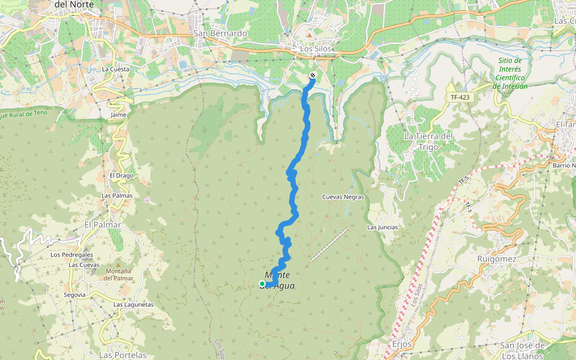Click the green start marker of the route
(262, 284)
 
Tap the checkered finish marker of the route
(313, 76)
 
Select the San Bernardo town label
(220, 34)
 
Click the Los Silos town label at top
(316, 49)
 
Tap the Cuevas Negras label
(343, 197)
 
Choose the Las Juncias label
(382, 227)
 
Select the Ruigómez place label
(497, 259)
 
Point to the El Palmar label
(103, 225)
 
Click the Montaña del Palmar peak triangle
(118, 265)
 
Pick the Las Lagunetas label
(134, 305)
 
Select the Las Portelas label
(122, 355)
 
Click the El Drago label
(121, 176)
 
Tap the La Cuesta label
(116, 70)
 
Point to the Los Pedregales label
(71, 254)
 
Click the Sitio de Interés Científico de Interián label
(511, 73)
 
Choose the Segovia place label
(74, 295)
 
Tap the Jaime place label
(118, 115)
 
